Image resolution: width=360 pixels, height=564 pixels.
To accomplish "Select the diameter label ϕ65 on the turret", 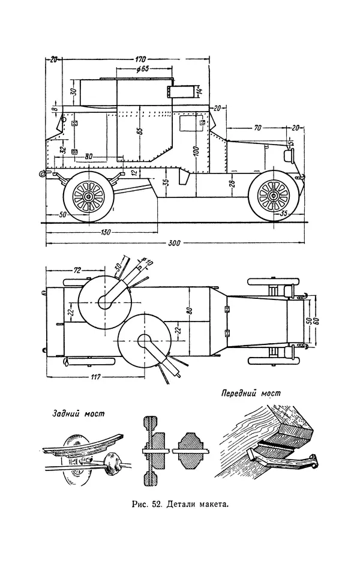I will coord(143,68).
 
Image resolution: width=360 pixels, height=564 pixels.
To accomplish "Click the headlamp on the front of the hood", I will coord(287,155).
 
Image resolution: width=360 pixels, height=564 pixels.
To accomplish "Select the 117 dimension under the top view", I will coord(94,376).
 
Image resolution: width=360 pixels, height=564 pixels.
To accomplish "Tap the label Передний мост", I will coord(250,395).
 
